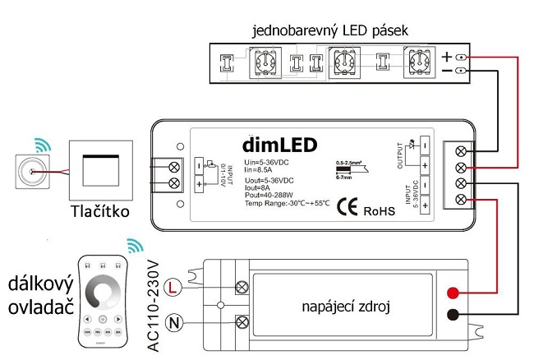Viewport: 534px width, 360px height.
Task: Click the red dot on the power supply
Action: pyautogui.click(x=452, y=293)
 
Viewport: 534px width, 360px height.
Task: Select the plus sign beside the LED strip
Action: pyautogui.click(x=446, y=57)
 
